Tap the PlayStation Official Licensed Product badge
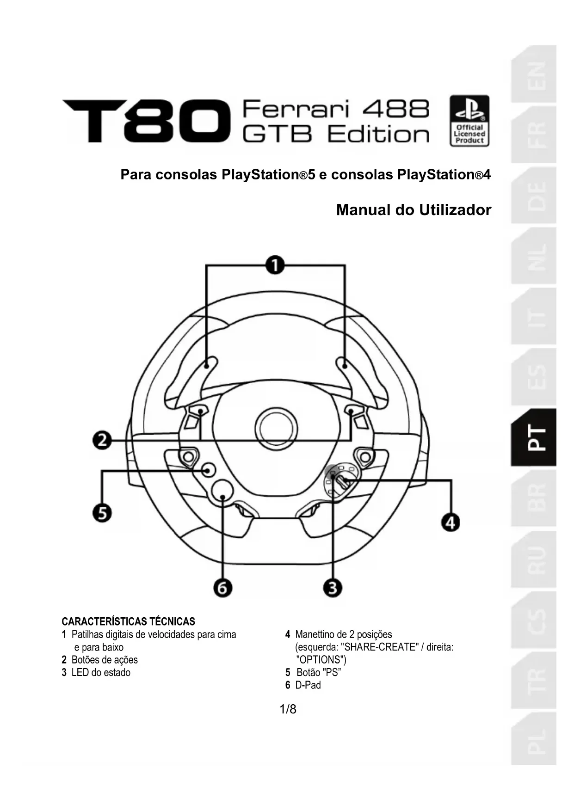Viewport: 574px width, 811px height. pos(469,121)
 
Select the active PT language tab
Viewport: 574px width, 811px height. pos(534,437)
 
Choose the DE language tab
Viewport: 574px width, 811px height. pos(534,196)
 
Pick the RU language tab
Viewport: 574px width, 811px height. pos(534,559)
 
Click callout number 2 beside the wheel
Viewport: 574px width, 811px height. pos(102,440)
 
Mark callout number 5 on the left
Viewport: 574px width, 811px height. pos(102,513)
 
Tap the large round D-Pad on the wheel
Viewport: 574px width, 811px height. pos(222,490)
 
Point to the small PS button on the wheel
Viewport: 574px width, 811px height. pos(208,470)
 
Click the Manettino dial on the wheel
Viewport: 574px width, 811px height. pos(340,482)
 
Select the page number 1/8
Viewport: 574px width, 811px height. pos(288,709)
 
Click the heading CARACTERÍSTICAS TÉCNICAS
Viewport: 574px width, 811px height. pos(128,621)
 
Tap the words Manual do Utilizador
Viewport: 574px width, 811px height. pos(414,210)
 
